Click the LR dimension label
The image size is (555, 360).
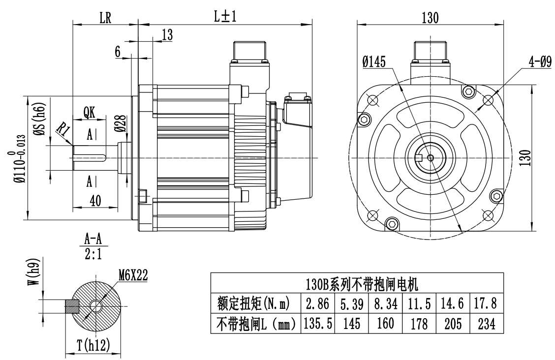(105, 18)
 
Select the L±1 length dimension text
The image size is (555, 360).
(225, 17)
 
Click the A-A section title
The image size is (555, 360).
(93, 240)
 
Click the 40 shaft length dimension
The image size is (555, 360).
(96, 200)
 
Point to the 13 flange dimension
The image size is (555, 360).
(167, 34)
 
